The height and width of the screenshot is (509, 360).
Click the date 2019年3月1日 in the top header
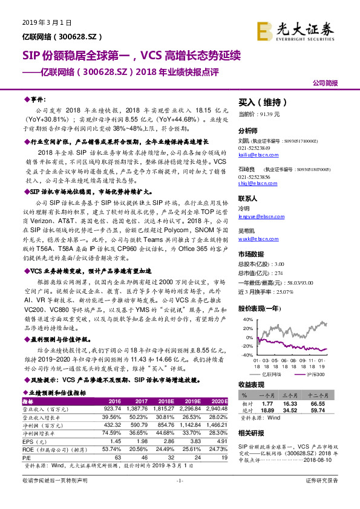(47, 22)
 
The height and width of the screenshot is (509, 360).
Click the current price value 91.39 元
(270, 114)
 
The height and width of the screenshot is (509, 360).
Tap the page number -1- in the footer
(179, 498)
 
